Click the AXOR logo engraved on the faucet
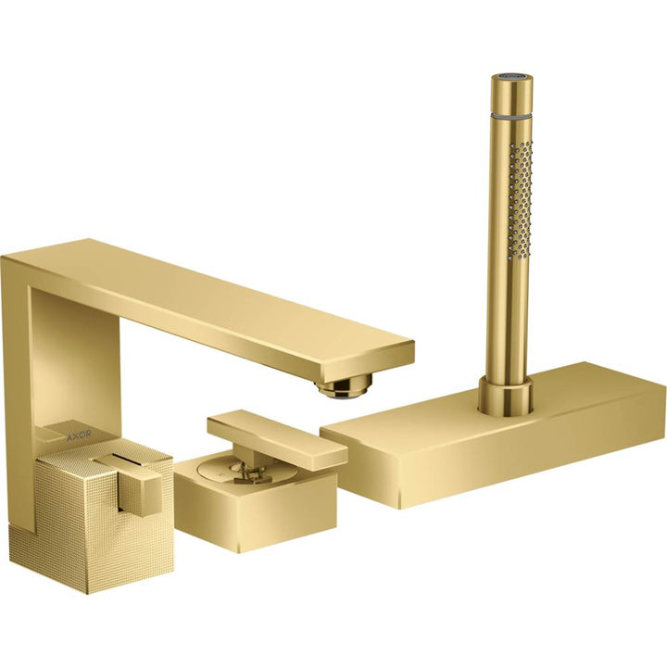(81, 433)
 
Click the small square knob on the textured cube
(143, 485)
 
